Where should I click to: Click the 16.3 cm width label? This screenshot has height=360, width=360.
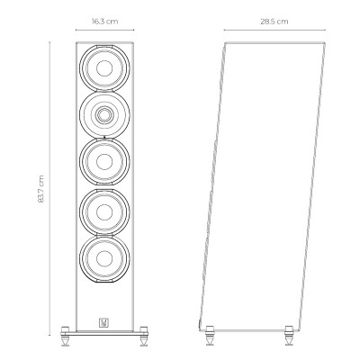click(104, 22)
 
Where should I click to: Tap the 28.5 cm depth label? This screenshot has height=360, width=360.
click(274, 22)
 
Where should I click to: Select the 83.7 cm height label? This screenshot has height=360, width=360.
click(41, 189)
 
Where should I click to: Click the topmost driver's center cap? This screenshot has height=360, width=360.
click(104, 67)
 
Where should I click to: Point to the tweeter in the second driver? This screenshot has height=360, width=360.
click(104, 114)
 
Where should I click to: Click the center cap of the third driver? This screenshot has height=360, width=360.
click(104, 161)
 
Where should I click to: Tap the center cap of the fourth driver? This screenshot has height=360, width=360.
click(104, 211)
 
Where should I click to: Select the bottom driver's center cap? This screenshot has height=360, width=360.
click(104, 258)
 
